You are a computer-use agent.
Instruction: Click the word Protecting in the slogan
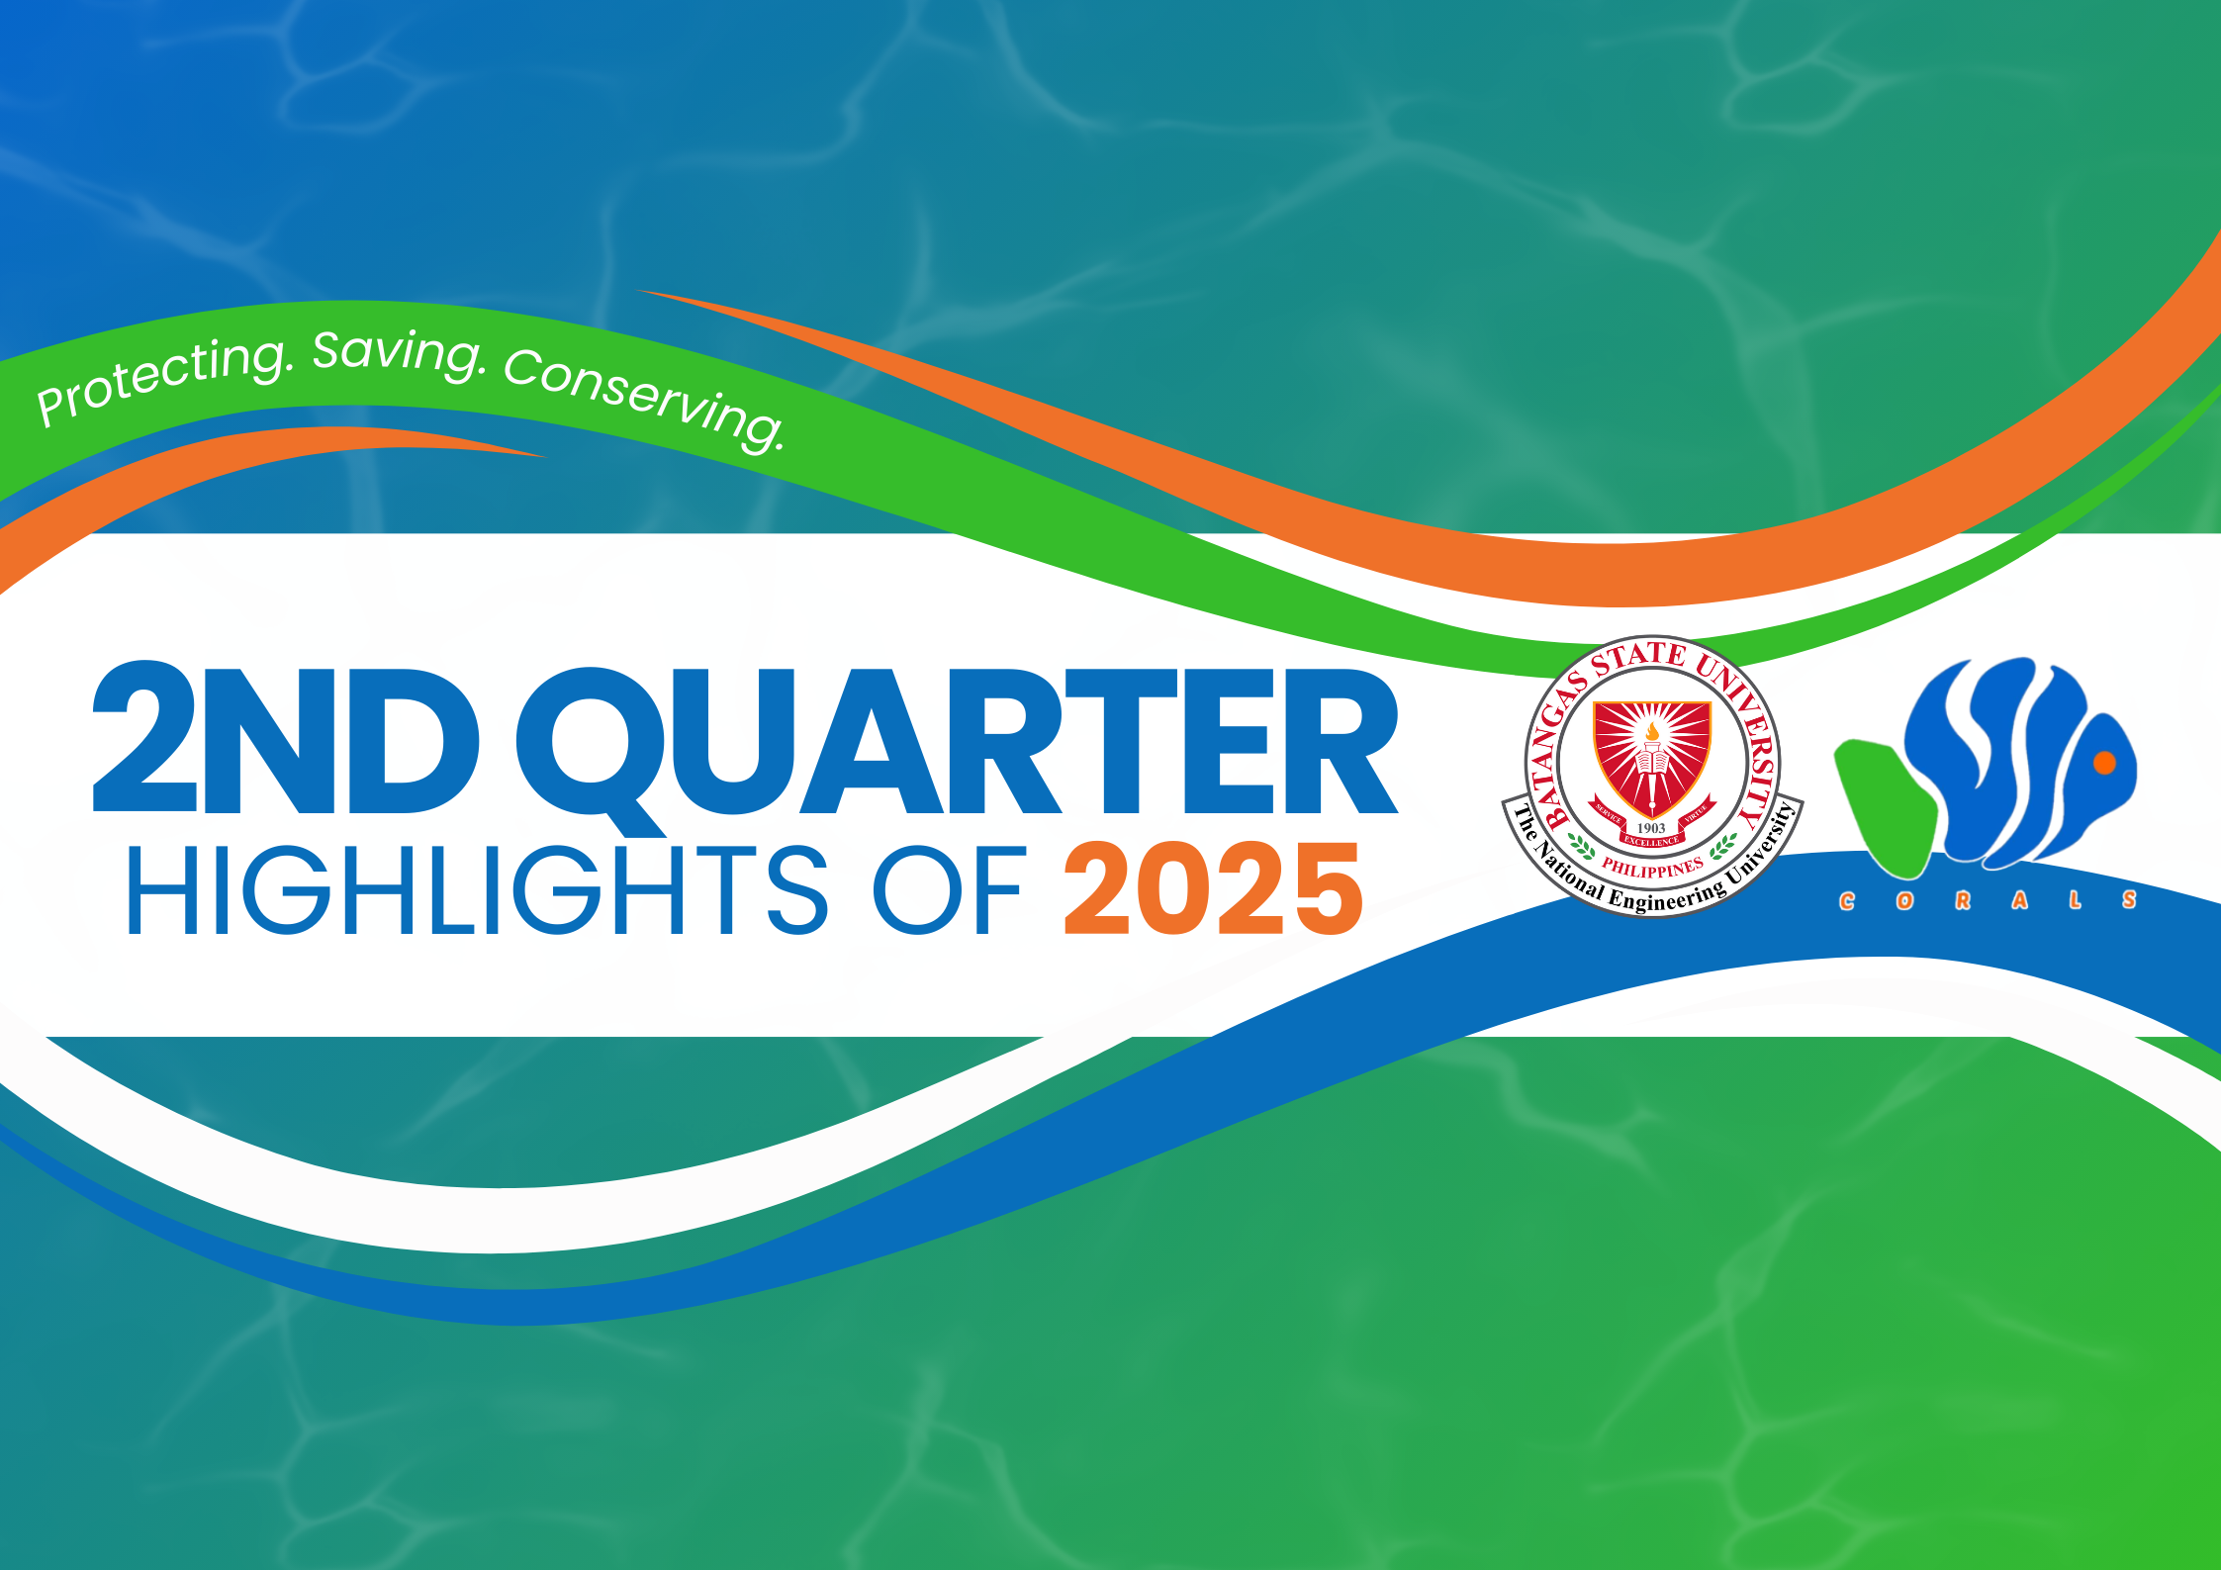coord(163,377)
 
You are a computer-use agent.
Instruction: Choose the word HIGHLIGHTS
coord(477,889)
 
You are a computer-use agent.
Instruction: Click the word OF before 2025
coord(948,889)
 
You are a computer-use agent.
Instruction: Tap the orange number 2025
coord(1214,888)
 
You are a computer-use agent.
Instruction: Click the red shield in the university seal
coord(1651,760)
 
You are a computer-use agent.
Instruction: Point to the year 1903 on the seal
coord(1651,828)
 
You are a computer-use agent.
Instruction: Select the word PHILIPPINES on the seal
coord(1653,868)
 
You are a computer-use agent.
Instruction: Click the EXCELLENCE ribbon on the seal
coord(1651,842)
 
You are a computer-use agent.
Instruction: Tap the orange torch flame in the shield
coord(1652,731)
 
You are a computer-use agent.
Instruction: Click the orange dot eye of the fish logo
coord(2105,762)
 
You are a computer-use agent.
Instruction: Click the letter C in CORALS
coord(1847,901)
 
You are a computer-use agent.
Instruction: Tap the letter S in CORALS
coord(2129,900)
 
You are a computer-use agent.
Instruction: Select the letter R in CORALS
coord(1963,900)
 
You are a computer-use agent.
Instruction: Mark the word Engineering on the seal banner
coord(1668,895)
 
